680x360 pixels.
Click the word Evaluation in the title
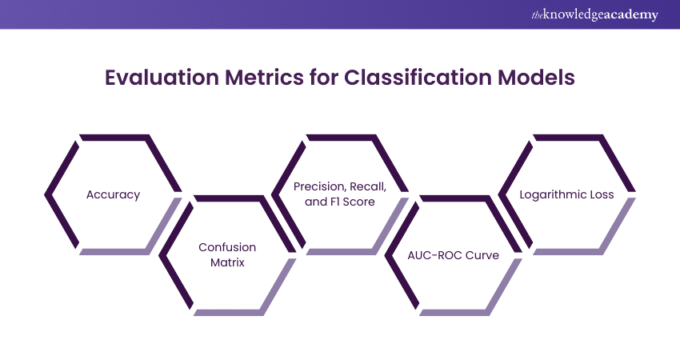[x=162, y=78]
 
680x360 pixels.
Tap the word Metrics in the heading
[x=264, y=78]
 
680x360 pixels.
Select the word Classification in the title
[x=418, y=78]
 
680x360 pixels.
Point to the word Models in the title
[x=536, y=78]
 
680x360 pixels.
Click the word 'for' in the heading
[x=323, y=78]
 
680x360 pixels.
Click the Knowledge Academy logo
[x=594, y=14]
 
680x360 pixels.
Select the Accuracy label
[x=113, y=194]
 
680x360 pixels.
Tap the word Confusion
[x=227, y=247]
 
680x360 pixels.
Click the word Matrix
[x=227, y=262]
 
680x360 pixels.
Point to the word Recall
[x=368, y=186]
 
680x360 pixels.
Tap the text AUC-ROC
[x=434, y=255]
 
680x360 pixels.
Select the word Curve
[x=482, y=255]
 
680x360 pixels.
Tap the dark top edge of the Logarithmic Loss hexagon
[x=568, y=138]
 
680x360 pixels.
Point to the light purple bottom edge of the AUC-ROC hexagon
[x=454, y=312]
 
